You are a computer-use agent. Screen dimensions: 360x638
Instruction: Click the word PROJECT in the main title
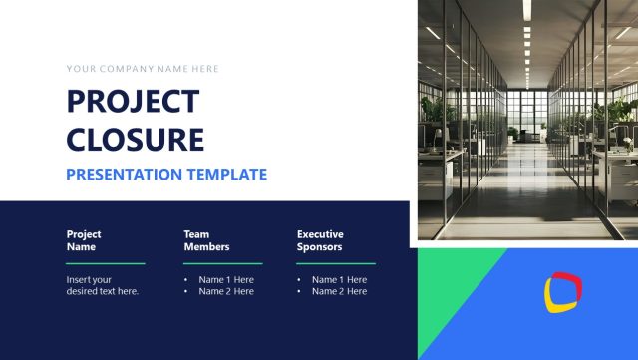pyautogui.click(x=133, y=102)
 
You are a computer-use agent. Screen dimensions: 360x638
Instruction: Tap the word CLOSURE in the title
pyautogui.click(x=135, y=138)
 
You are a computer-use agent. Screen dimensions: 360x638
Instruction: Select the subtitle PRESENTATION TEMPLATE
pyautogui.click(x=166, y=175)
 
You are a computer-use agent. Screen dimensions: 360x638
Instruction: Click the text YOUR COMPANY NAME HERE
pyautogui.click(x=143, y=69)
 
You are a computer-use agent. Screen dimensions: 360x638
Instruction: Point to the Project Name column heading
pyautogui.click(x=84, y=240)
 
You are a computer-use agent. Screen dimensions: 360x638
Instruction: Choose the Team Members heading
pyautogui.click(x=206, y=240)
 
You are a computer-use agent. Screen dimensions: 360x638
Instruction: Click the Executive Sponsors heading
pyautogui.click(x=320, y=240)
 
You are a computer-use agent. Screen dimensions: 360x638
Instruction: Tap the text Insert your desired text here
pyautogui.click(x=103, y=286)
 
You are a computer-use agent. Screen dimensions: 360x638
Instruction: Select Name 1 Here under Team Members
pyautogui.click(x=226, y=280)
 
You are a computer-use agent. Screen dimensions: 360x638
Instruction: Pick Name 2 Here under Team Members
pyautogui.click(x=226, y=292)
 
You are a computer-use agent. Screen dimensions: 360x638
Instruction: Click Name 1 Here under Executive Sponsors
pyautogui.click(x=339, y=280)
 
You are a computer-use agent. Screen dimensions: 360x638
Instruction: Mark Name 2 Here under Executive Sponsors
pyautogui.click(x=339, y=292)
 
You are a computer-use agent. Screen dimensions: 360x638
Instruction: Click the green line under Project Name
pyautogui.click(x=106, y=263)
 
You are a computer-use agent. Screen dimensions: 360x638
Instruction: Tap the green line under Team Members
pyautogui.click(x=222, y=263)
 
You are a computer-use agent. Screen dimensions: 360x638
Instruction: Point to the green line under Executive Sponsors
pyautogui.click(x=335, y=263)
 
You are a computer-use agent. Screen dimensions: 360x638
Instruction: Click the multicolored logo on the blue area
pyautogui.click(x=563, y=290)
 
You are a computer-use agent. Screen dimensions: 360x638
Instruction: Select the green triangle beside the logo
pyautogui.click(x=449, y=284)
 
